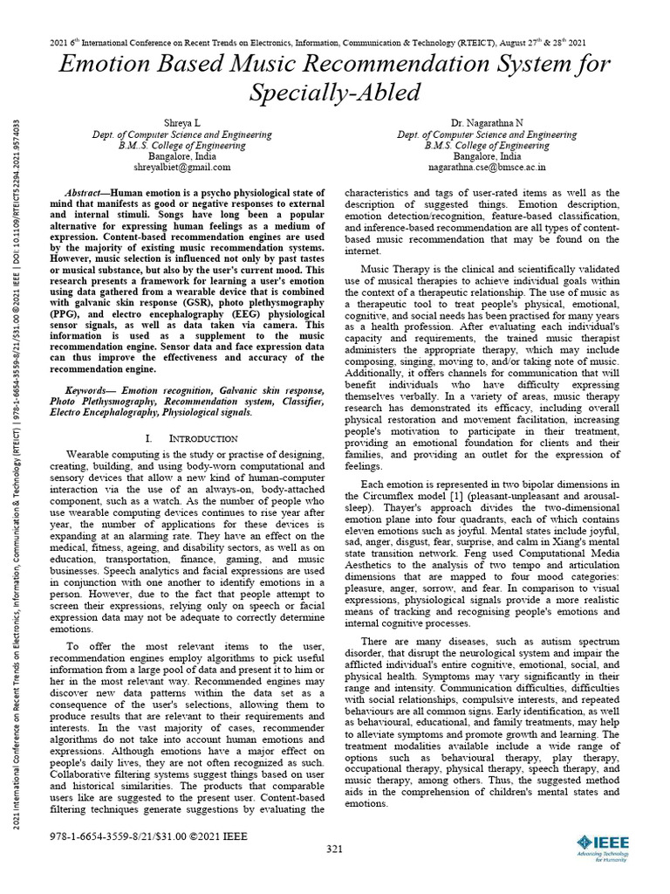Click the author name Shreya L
click(x=182, y=125)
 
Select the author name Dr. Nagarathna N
click(x=487, y=125)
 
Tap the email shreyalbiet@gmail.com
click(x=182, y=167)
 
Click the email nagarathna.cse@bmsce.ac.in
click(x=487, y=167)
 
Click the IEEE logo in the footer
click(x=602, y=845)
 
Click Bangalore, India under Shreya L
click(x=182, y=156)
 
